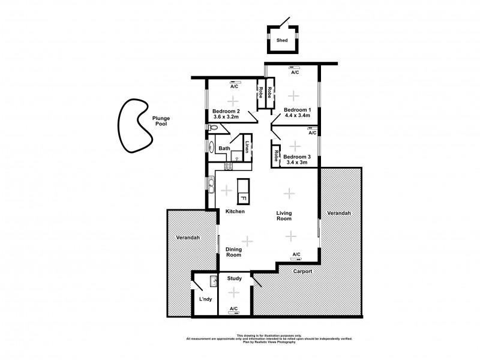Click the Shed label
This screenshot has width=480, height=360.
281,41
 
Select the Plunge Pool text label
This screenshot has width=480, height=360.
161,121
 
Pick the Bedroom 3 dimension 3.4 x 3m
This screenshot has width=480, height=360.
295,162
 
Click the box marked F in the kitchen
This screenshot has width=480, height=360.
244,197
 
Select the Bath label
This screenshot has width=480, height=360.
224,148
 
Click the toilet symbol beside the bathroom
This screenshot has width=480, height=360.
211,127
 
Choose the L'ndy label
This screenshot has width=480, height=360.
205,299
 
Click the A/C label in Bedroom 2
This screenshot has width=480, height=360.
234,86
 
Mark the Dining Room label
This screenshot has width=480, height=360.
233,252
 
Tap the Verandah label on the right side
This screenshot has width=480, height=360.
339,213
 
